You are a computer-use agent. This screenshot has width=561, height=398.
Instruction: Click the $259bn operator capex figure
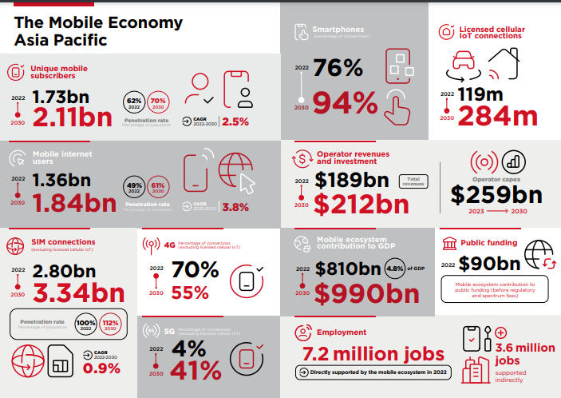tap(496, 194)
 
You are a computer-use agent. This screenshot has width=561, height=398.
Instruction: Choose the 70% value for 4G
tap(195, 270)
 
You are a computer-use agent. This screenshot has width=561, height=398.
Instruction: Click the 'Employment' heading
tap(342, 332)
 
